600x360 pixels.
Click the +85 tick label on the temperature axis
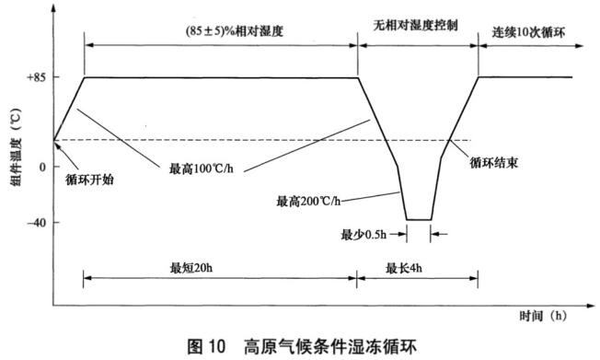coord(34,77)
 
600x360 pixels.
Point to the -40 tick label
coord(35,222)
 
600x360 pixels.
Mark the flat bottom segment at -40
coord(419,220)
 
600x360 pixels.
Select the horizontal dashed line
coord(230,140)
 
